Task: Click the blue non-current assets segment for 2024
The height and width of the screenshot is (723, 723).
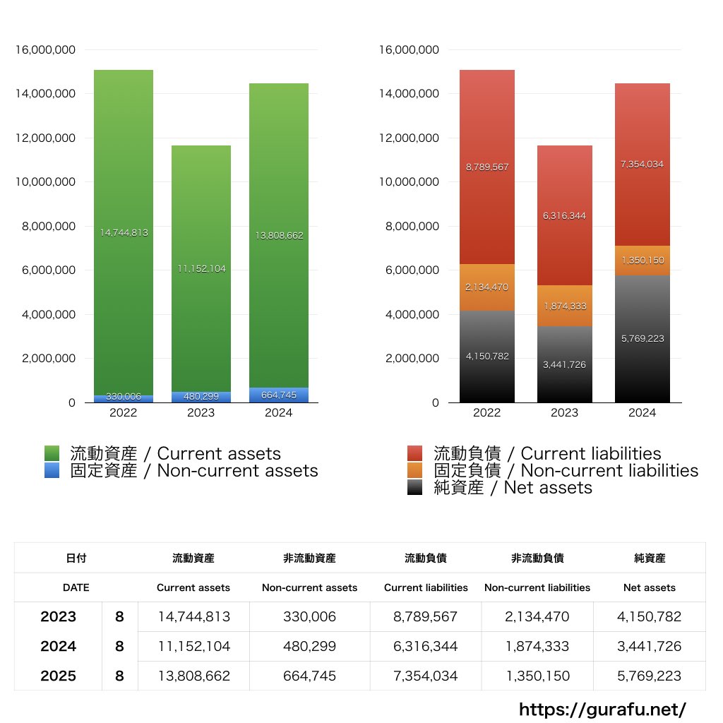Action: coord(278,395)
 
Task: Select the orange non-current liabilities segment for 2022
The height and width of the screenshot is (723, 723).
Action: coord(486,287)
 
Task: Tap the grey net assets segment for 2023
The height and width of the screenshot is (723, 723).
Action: coord(564,364)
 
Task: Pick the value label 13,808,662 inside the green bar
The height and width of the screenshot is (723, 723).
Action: coord(279,236)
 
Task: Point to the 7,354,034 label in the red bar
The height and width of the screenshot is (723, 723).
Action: coord(642,164)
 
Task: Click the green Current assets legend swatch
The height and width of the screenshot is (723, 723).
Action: coord(52,453)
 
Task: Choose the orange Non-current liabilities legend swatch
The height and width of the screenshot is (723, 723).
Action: coord(415,470)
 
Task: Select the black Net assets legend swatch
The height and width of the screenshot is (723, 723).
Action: coord(415,487)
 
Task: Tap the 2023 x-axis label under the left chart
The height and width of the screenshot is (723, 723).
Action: coord(201,413)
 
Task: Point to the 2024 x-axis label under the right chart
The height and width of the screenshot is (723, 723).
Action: coord(642,413)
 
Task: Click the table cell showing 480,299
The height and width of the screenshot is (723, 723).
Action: coord(309,646)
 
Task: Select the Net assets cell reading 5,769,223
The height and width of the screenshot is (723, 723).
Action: coord(650,676)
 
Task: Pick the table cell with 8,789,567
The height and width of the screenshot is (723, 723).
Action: coord(426,616)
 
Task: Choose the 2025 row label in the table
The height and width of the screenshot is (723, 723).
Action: coord(58,676)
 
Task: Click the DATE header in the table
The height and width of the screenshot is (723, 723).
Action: coord(76,587)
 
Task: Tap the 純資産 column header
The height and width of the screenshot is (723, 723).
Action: coord(650,558)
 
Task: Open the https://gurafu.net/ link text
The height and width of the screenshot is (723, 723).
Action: coord(602,709)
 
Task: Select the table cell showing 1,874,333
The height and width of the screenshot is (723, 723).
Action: coord(537,646)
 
